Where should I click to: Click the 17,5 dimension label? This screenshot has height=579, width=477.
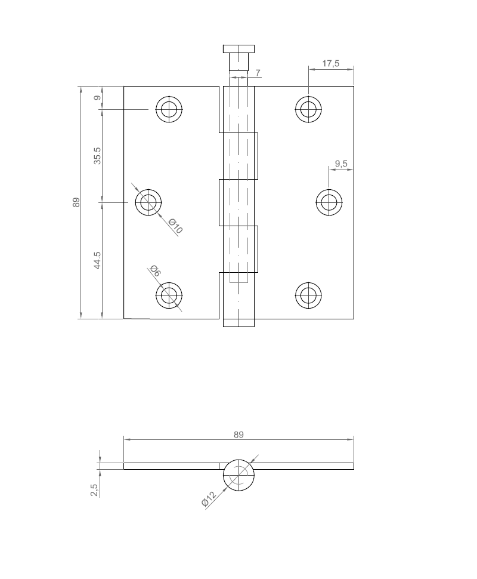click(330, 64)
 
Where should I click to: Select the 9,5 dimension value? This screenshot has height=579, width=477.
click(341, 163)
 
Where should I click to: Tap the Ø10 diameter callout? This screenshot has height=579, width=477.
click(175, 226)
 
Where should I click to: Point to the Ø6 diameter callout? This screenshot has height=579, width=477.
click(155, 270)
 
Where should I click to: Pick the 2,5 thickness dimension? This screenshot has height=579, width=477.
click(94, 490)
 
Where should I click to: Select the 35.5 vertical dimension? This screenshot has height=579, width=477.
click(97, 155)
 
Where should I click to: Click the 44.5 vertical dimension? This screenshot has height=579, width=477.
click(97, 260)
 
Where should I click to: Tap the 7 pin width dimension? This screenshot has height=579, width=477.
click(258, 73)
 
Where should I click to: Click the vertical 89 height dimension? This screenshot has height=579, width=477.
click(76, 202)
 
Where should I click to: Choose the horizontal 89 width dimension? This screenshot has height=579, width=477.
click(238, 435)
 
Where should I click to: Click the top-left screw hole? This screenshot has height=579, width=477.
click(169, 109)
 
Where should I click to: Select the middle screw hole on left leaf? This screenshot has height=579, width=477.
click(148, 202)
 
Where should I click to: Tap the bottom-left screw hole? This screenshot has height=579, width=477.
click(169, 295)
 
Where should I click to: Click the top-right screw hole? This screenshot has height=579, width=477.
click(308, 109)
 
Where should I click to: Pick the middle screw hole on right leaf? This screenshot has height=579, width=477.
click(329, 202)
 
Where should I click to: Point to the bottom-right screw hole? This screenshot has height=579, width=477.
click(308, 295)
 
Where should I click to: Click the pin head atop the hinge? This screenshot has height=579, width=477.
click(238, 48)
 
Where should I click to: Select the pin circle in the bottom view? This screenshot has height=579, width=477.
click(238, 475)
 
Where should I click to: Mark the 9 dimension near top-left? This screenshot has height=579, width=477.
click(97, 98)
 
